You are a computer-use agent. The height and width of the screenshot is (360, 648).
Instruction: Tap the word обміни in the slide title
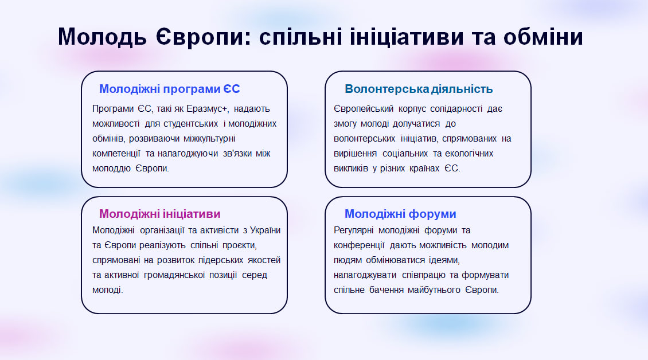point(543,36)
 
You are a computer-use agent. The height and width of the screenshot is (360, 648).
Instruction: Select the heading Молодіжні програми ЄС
point(169,89)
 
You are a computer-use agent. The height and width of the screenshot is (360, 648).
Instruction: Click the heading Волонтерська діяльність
point(419,89)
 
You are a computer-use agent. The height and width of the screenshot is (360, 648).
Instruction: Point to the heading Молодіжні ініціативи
point(159,214)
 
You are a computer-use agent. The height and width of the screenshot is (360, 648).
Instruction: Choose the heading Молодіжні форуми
point(400,214)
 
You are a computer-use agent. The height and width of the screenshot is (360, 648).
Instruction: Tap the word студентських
point(191,124)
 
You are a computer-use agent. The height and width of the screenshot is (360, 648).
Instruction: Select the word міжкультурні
point(209,139)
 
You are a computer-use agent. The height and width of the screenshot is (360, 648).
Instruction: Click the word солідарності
point(456,109)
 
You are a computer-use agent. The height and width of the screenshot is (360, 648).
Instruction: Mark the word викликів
point(351,168)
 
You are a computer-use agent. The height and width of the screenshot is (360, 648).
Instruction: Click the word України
point(266,230)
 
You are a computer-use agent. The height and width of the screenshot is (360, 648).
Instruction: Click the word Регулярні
point(353,230)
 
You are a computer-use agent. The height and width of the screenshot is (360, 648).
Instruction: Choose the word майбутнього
point(434,289)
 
